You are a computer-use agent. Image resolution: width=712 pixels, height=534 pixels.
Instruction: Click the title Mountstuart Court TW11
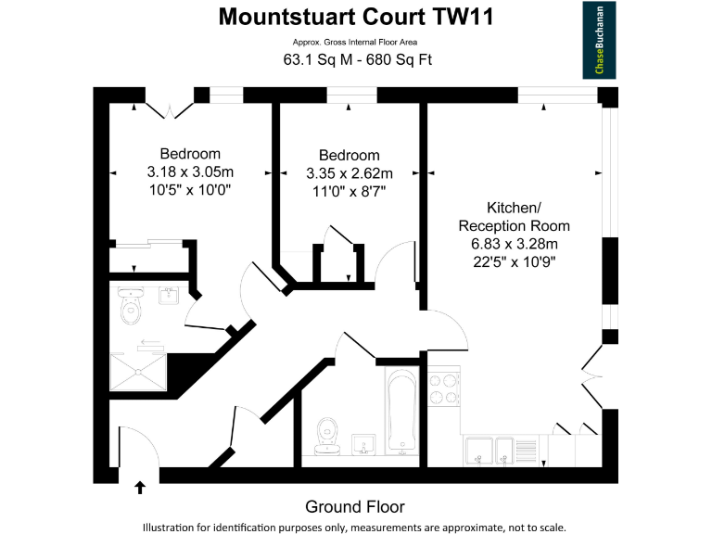pyautogui.click(x=356, y=17)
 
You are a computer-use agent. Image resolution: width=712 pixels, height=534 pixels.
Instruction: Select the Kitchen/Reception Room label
pyautogui.click(x=515, y=217)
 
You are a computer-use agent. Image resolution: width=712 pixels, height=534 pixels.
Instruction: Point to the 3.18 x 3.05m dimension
pyautogui.click(x=190, y=172)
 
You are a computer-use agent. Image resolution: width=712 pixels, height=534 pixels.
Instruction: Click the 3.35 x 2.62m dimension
pyautogui.click(x=350, y=173)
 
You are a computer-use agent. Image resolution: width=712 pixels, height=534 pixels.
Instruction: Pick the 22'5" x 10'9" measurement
pyautogui.click(x=515, y=261)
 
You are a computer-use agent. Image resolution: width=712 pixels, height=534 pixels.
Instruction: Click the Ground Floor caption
pyautogui.click(x=355, y=506)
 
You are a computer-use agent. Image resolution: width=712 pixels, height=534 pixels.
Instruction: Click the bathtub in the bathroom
pyautogui.click(x=401, y=413)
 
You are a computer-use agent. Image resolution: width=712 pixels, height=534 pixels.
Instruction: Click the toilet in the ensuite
pyautogui.click(x=131, y=308)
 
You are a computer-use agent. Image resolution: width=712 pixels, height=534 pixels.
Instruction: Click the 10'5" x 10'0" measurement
pyautogui.click(x=190, y=191)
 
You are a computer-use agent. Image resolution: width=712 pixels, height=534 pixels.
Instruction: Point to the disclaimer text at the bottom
pyautogui.click(x=355, y=527)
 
